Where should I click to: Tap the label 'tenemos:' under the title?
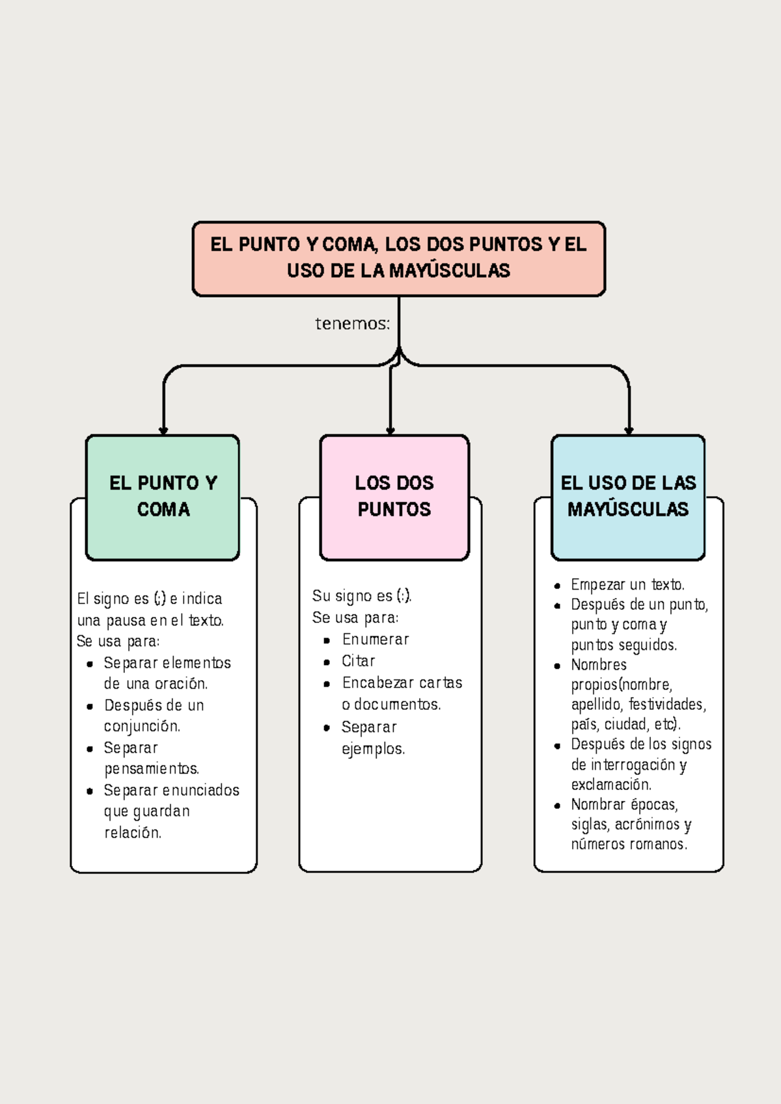(352, 324)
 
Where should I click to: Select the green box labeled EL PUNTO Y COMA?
(163, 497)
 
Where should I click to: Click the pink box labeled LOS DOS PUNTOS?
(394, 497)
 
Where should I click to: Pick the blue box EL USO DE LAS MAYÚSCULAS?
(628, 497)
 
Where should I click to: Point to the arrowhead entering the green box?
(163, 430)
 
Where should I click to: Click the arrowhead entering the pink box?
(390, 430)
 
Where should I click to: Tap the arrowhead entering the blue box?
(629, 430)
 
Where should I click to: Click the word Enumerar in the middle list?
(376, 640)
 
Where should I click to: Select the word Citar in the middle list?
(358, 661)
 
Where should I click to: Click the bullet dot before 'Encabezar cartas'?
(327, 684)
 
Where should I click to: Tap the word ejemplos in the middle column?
(373, 749)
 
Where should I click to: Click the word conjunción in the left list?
(142, 726)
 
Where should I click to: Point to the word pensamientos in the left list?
(152, 769)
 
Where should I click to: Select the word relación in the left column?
(133, 833)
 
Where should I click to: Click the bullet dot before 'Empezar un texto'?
(557, 586)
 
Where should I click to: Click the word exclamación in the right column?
(611, 785)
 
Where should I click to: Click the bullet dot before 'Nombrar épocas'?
(557, 806)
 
